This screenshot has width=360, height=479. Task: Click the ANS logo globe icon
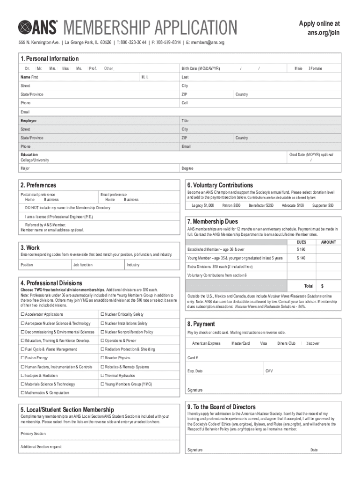pos(25,28)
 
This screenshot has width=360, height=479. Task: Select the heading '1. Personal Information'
pos(49,58)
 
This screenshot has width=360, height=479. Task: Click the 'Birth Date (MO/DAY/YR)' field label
pos(201,69)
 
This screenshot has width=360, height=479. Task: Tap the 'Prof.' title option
pos(93,69)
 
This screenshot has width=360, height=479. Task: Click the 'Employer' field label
pos(29,121)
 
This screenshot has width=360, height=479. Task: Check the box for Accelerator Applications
pos(22,314)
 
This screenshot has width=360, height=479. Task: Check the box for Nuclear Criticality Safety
pos(102,314)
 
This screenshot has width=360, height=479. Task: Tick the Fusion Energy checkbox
pos(22,358)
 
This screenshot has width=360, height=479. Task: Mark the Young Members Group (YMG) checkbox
pos(102,384)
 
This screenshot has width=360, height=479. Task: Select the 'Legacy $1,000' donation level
pos(202,205)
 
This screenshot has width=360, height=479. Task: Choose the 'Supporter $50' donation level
pos(323,205)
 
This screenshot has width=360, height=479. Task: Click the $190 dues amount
pos(301,249)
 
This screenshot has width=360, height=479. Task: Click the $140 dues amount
pos(301,258)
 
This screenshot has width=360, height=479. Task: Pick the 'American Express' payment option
pos(206,343)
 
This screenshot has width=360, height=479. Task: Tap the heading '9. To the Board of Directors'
pos(221,407)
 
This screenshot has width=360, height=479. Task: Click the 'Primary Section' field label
pos(33,434)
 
